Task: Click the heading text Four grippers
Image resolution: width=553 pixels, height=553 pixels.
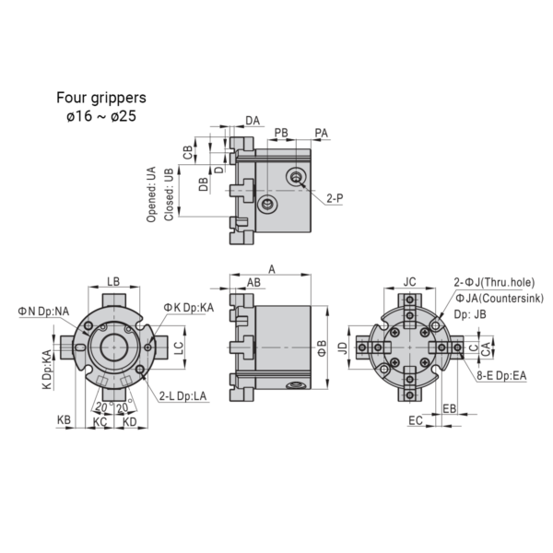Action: click(101, 98)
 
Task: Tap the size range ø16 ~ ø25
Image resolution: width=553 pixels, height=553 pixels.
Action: click(101, 116)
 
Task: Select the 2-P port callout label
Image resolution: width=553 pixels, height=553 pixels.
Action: click(335, 198)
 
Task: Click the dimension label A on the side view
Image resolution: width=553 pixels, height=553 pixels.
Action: click(272, 269)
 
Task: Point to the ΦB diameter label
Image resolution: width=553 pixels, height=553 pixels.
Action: click(322, 348)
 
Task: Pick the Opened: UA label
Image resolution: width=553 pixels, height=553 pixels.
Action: click(151, 194)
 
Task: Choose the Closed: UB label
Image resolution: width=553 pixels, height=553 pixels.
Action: click(169, 194)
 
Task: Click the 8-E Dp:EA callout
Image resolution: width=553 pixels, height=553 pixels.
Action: click(501, 376)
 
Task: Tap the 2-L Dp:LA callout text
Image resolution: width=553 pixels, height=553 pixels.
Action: click(182, 396)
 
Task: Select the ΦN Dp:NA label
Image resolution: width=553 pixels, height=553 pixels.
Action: click(43, 312)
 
